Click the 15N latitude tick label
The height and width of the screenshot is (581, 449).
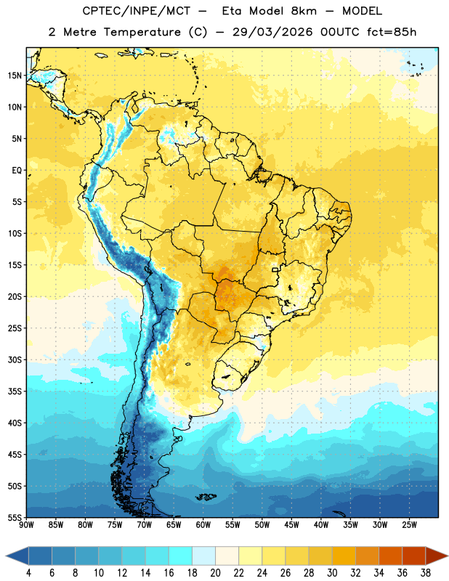[15, 76]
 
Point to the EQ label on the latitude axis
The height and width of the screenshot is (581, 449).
[17, 171]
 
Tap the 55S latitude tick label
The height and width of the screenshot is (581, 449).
[15, 518]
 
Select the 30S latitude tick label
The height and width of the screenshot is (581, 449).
[15, 359]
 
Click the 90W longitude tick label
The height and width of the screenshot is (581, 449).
[26, 525]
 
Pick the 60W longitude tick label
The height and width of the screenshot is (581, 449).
[203, 525]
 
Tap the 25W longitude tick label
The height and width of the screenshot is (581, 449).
[409, 525]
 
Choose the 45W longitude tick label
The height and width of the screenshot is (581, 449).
[291, 525]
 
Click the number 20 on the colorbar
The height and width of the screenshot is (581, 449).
[215, 573]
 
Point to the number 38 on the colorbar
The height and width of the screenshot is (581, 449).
[425, 573]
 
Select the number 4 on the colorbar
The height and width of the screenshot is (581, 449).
[28, 573]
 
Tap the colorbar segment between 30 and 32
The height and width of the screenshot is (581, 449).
[344, 556]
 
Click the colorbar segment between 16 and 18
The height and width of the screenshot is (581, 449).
[180, 556]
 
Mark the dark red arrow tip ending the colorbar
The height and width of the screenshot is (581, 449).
[448, 556]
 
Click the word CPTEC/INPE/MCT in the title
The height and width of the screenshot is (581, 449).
[137, 11]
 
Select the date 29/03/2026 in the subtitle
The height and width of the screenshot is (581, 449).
[272, 32]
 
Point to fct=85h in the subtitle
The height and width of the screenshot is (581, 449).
[392, 32]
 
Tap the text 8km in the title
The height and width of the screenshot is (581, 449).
[304, 11]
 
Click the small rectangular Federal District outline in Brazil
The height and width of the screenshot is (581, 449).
[275, 269]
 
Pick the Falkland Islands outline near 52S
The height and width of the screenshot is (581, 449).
[206, 497]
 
